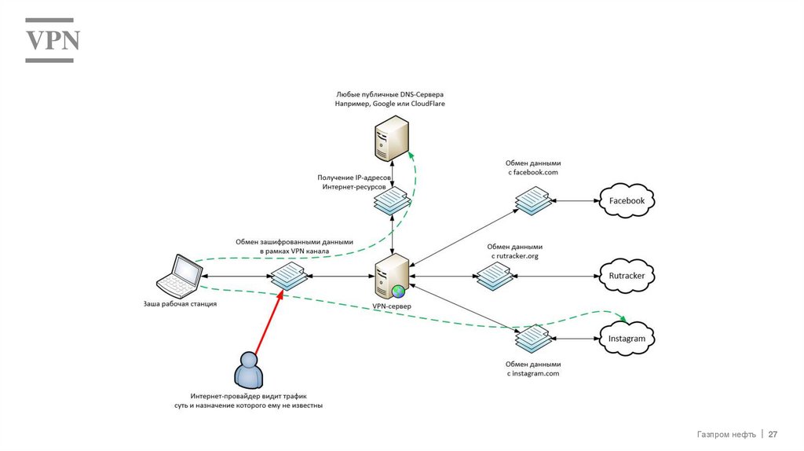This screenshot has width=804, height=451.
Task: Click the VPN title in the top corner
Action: pos(53,40)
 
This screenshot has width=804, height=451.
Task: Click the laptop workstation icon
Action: pos(179,274)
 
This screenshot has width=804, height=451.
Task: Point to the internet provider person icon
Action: pos(248,369)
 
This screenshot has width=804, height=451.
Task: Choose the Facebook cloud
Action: pos(627,200)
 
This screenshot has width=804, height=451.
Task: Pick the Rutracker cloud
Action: pos(627,276)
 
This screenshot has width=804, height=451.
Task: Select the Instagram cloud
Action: pos(627,339)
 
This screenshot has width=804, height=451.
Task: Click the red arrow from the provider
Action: pos(266,322)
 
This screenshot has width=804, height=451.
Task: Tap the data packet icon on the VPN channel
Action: pos(288,276)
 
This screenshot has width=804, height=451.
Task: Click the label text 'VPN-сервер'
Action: pos(390,306)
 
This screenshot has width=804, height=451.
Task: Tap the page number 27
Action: pos(773,434)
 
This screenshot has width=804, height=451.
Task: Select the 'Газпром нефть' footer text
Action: pos(726,434)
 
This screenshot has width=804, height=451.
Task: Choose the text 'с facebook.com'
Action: pos(532,172)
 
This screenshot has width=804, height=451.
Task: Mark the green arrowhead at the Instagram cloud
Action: pos(626,319)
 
